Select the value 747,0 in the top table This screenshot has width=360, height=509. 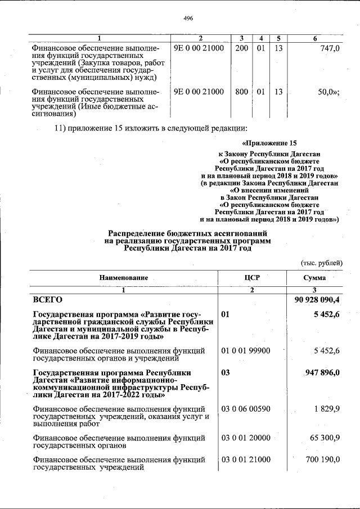(x=329, y=49)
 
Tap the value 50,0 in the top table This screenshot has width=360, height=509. (x=328, y=92)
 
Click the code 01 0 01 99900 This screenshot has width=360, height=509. (x=245, y=351)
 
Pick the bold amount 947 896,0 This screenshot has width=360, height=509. (x=322, y=372)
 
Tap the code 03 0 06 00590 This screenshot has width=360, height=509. (x=245, y=408)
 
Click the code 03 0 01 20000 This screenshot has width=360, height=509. (x=245, y=437)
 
